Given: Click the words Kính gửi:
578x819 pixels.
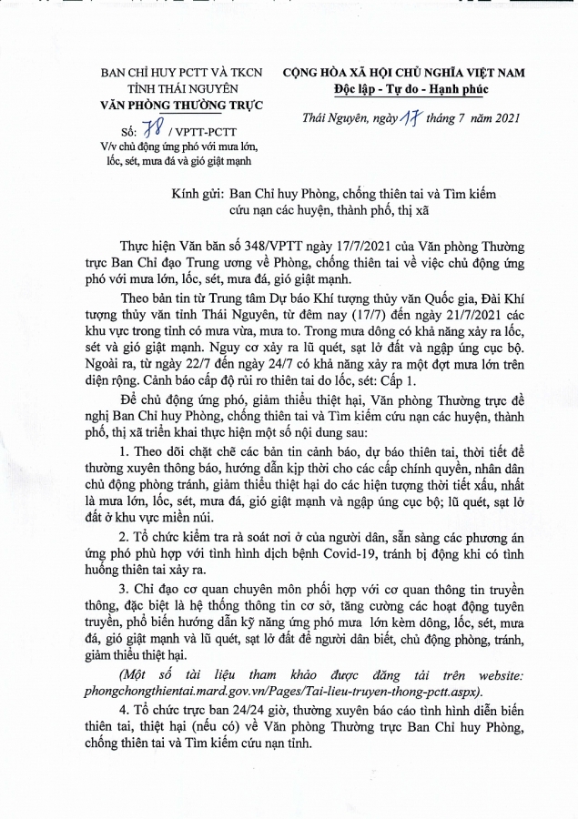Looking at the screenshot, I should click(197, 193).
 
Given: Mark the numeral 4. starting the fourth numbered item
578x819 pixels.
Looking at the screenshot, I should click(125, 709).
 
